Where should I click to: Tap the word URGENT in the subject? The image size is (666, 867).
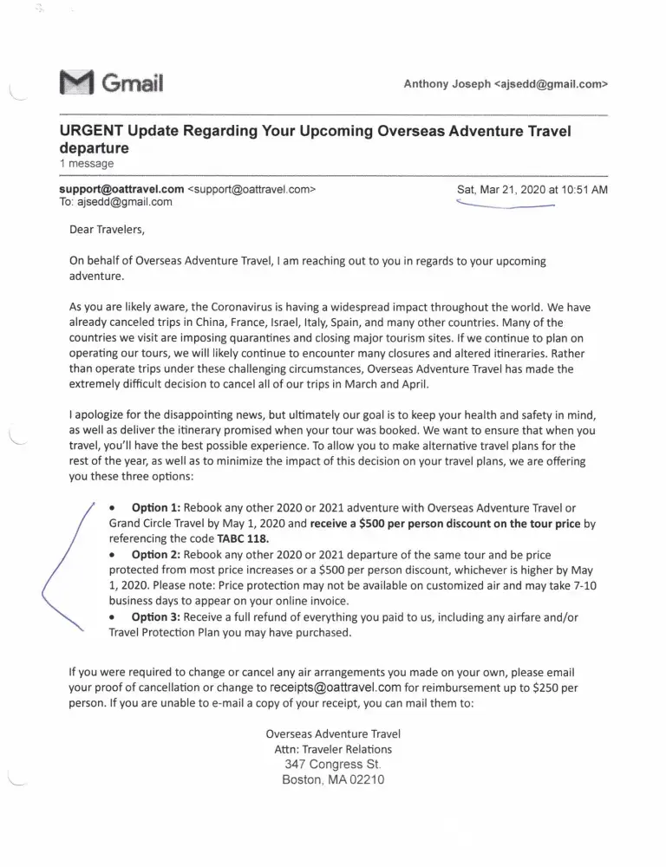point(91,132)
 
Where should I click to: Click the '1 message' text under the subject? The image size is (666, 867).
point(86,163)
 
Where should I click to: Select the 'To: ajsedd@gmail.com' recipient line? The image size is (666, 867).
point(115,202)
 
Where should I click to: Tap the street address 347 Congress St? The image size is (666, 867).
point(333,764)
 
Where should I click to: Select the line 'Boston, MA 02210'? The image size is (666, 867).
point(333,779)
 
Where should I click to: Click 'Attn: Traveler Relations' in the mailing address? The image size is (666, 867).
point(333,748)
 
